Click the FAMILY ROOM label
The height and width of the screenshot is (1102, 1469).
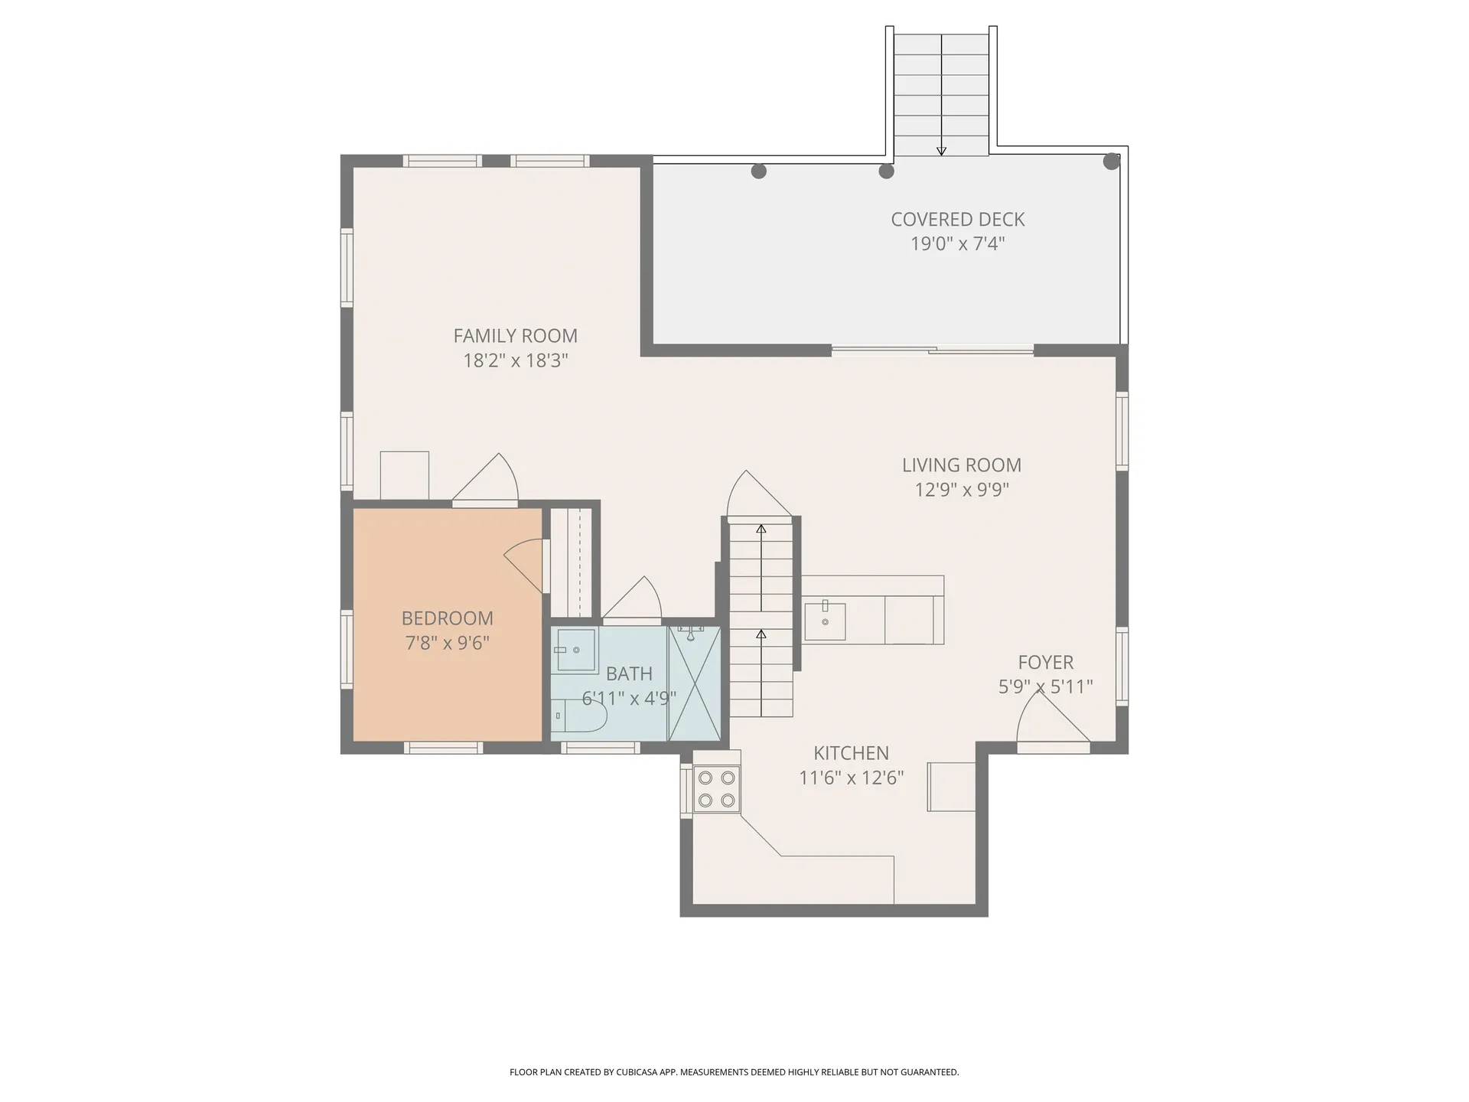515,336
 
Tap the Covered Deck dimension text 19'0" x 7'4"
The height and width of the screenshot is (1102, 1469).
957,244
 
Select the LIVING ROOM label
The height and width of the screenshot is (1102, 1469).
961,465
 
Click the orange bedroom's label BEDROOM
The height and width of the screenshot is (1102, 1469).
447,618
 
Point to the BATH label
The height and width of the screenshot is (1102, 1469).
629,674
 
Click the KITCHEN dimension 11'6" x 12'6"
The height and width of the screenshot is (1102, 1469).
851,778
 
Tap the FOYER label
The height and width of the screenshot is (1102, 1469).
1045,663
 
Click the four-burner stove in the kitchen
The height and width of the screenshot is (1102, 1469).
717,790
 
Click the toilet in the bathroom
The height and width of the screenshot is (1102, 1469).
580,716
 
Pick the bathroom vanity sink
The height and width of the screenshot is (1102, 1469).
575,650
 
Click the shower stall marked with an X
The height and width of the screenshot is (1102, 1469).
695,683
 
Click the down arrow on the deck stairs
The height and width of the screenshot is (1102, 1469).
941,150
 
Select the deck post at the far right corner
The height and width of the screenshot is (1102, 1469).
1111,161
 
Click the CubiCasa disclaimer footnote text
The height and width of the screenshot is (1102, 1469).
734,1072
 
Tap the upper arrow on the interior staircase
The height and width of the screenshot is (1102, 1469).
761,530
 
